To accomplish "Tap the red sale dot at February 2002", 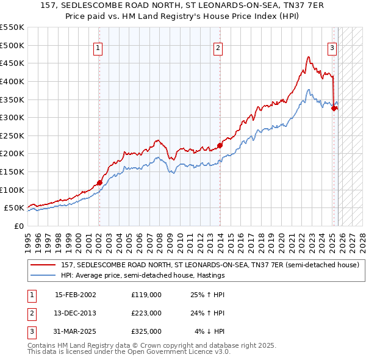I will click(x=99, y=182).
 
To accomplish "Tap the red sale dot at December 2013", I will click(x=219, y=145).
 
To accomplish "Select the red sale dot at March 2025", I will click(x=334, y=108).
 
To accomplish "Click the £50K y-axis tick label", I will click(x=15, y=208).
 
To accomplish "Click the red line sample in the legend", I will click(x=44, y=265).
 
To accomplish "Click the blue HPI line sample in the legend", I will click(x=44, y=275).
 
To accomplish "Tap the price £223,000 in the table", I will click(x=146, y=313).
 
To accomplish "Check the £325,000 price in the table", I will click(x=146, y=331).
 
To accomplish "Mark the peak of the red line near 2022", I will click(x=309, y=57).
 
